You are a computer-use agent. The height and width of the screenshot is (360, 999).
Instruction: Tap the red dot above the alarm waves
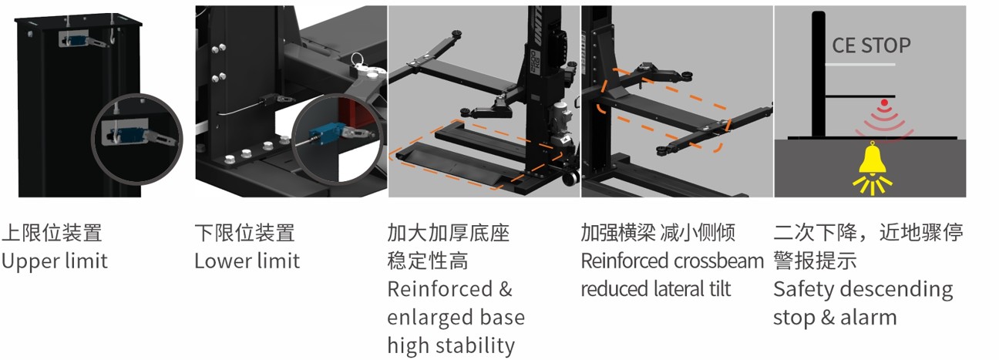(x=884, y=103)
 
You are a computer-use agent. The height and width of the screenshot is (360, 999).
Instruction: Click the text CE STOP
(x=872, y=45)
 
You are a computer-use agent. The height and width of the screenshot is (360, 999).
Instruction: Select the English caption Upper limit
(x=55, y=261)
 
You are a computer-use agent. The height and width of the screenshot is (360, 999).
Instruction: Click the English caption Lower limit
(x=247, y=261)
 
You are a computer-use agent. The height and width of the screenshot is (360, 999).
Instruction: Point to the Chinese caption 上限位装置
(x=52, y=233)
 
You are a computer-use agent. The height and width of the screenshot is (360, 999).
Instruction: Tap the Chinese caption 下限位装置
(x=245, y=233)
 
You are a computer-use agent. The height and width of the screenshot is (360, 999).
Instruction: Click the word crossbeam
(x=718, y=261)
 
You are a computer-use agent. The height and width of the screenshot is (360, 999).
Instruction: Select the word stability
(x=476, y=345)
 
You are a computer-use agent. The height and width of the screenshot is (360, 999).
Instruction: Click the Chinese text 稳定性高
(x=428, y=261)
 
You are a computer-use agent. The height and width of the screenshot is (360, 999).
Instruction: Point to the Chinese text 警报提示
(x=815, y=261)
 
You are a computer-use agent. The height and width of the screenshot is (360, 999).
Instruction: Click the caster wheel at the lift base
(x=570, y=178)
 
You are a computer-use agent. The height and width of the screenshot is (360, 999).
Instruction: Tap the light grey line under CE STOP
(x=859, y=65)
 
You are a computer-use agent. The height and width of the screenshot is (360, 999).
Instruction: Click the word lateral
(x=681, y=289)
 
